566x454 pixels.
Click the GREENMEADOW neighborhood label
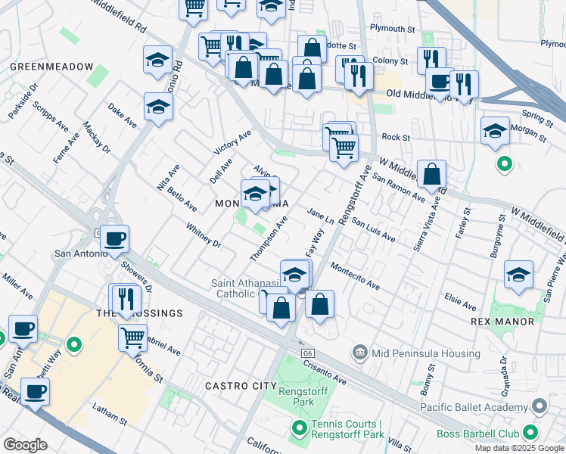52,67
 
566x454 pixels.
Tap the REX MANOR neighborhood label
502,322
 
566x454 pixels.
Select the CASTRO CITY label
241,386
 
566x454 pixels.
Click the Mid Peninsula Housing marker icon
359,352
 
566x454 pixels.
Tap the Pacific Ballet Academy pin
540,408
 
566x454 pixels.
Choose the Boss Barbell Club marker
530,434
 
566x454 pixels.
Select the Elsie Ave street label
460,302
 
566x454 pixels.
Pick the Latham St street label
109,413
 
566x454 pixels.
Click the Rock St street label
395,138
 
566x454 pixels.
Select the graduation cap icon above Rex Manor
519,275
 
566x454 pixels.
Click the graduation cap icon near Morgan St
495,130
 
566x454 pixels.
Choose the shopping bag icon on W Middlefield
431,175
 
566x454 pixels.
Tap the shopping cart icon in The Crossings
133,336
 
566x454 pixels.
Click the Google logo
25,445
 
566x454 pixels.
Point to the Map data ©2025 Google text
519,448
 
